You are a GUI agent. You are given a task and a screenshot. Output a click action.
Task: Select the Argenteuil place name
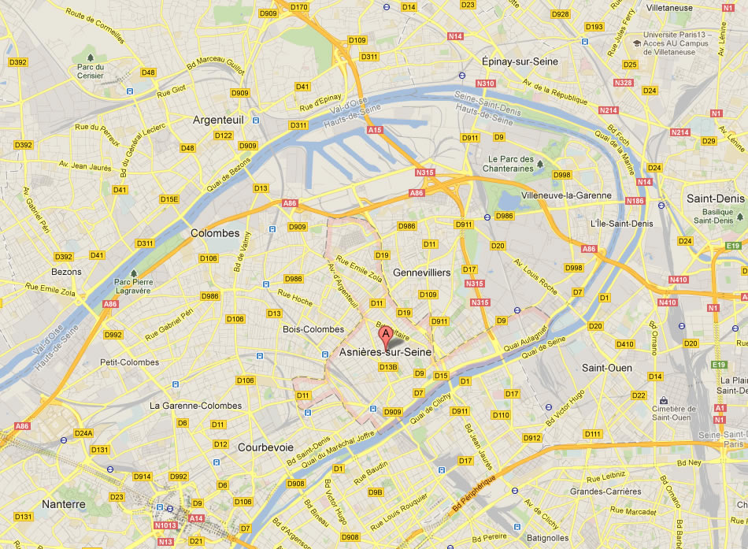(x=218, y=120)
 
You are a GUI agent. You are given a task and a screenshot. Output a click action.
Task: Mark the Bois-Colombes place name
(x=313, y=329)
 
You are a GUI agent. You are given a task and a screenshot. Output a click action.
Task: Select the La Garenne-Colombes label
(x=196, y=406)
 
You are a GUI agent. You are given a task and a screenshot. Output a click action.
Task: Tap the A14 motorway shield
(x=195, y=518)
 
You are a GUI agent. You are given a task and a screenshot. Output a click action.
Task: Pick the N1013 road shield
(x=165, y=525)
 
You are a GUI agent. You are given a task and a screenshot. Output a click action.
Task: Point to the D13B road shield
(x=387, y=367)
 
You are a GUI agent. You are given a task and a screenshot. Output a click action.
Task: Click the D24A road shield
(x=83, y=433)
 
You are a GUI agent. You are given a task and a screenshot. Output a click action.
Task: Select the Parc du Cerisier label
(x=91, y=71)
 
